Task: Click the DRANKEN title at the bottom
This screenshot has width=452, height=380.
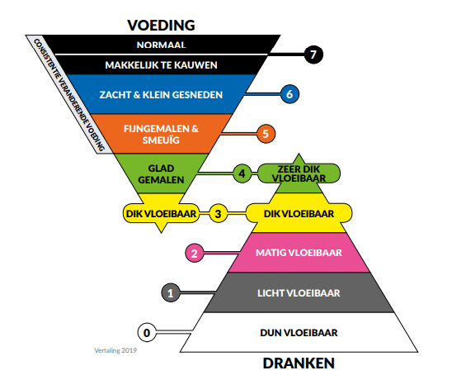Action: pos(298,362)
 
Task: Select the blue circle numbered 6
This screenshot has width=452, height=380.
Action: pos(289,94)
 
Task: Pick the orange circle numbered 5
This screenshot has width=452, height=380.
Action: pos(264,132)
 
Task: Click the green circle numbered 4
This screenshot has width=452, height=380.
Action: pos(241,173)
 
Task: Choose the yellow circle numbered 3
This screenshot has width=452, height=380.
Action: pos(218,214)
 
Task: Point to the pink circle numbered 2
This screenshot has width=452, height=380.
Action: pos(194,253)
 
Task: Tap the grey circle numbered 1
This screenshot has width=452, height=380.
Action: pos(170,292)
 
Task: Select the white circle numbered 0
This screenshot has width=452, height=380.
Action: pos(146,333)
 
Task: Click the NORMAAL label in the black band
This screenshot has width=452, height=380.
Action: pos(161,45)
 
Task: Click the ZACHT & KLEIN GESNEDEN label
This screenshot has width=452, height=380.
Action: pos(161,94)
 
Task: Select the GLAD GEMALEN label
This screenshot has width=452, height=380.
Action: pos(161,173)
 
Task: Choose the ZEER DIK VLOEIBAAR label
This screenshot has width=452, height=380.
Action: pos(298,173)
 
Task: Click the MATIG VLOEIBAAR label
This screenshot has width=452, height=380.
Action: pos(298,254)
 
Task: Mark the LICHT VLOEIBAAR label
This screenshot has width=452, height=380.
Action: pos(298,292)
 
